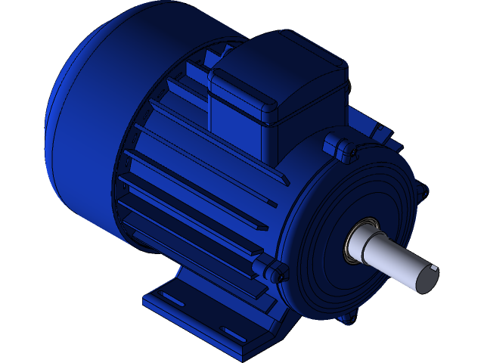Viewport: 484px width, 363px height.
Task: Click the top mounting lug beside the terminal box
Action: point(339,147)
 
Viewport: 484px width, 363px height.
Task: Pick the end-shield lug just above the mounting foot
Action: point(272,269)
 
